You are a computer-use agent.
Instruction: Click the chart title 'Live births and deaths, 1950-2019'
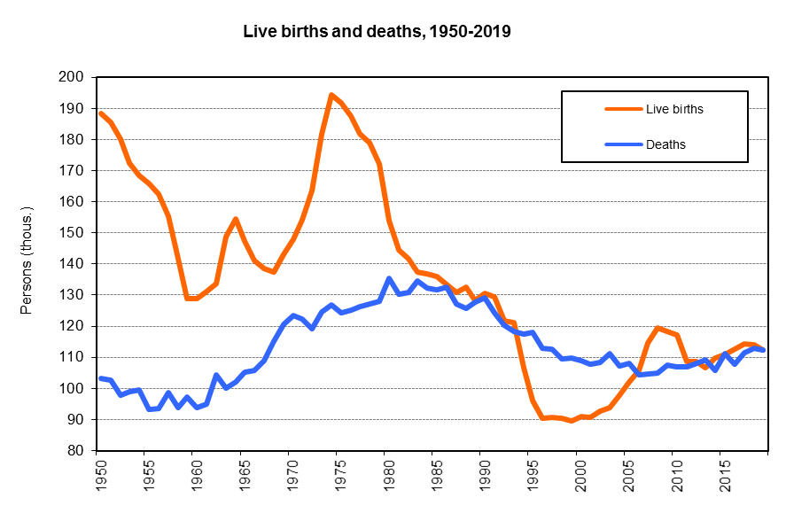pos(377,32)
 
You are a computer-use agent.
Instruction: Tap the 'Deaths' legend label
pos(665,144)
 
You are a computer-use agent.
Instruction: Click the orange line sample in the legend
pos(623,109)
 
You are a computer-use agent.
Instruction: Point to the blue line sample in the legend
pos(623,144)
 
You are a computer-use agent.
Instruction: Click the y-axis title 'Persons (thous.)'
pos(27,263)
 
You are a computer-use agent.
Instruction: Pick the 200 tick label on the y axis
pos(72,78)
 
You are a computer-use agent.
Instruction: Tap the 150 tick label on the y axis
pos(72,233)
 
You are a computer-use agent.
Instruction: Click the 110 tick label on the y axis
pos(72,357)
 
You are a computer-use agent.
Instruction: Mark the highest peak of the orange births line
pos(331,95)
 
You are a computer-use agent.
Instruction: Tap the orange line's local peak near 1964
pos(235,219)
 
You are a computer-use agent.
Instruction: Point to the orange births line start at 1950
pos(101,113)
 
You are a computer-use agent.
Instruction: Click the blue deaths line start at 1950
pos(101,378)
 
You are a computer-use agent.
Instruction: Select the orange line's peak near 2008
pos(657,329)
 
